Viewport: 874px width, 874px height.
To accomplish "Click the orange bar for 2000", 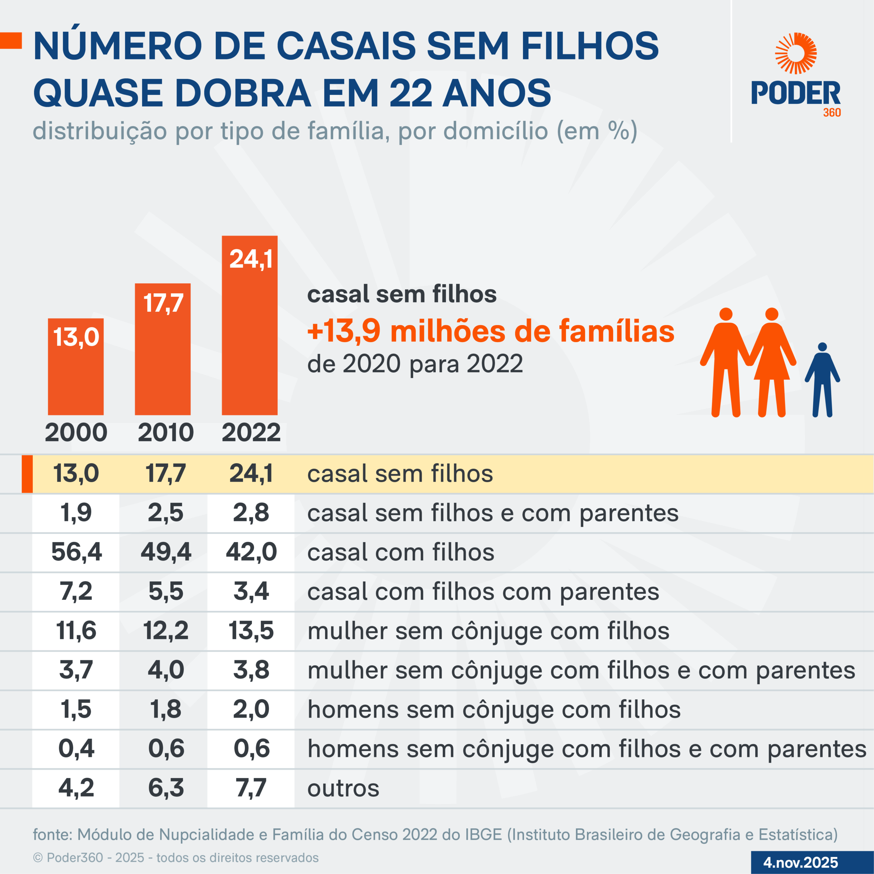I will click(x=75, y=366).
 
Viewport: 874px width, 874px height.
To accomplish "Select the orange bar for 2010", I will click(x=163, y=349).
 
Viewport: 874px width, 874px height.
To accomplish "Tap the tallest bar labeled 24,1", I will click(x=249, y=325).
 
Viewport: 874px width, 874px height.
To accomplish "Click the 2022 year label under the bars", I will click(x=251, y=433).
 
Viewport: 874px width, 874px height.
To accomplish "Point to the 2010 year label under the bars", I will click(x=166, y=433).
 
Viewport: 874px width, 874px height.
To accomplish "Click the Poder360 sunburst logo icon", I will click(x=796, y=53).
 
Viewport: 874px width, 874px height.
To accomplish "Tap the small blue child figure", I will click(x=822, y=380).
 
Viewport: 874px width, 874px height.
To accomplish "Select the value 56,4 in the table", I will click(x=76, y=552).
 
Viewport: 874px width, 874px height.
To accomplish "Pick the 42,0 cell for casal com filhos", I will click(x=251, y=552).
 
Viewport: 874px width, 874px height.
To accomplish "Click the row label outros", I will click(x=343, y=788).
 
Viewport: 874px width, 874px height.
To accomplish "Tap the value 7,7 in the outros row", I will click(x=251, y=788).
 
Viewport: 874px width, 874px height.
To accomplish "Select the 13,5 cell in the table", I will click(x=251, y=630).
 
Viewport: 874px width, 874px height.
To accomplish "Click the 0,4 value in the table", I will click(x=76, y=748).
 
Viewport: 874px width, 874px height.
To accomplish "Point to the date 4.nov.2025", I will click(x=801, y=862).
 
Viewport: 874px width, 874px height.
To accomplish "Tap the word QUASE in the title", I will click(x=98, y=93).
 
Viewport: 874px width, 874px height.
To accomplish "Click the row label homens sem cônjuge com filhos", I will click(x=494, y=709).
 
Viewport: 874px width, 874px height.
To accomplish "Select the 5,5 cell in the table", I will click(x=166, y=591).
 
